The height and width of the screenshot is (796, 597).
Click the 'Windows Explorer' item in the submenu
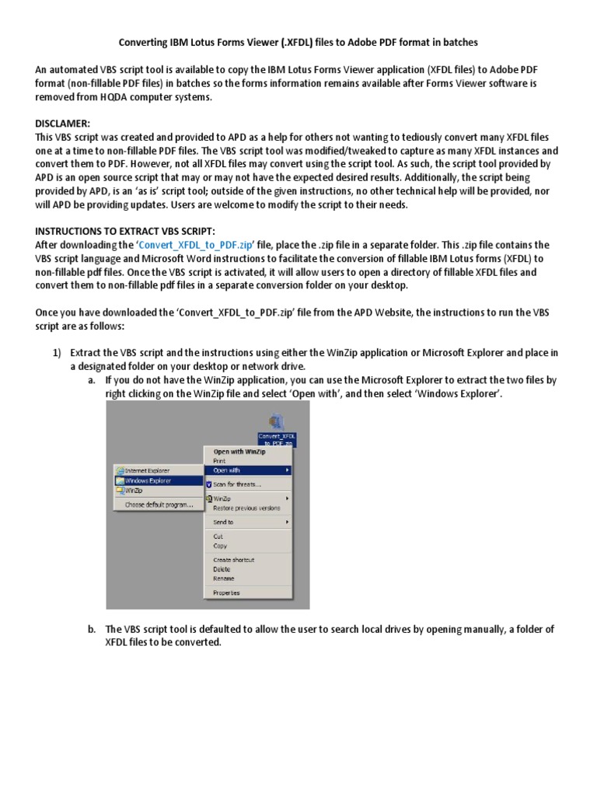[148, 480]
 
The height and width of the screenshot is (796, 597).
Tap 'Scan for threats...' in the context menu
[236, 484]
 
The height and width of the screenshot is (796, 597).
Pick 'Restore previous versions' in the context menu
[246, 508]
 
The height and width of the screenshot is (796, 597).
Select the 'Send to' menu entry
[223, 522]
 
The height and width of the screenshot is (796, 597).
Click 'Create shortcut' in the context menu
[233, 560]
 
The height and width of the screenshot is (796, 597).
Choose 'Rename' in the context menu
[223, 578]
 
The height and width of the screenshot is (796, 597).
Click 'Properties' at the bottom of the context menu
[226, 593]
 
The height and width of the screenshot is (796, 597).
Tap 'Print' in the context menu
[219, 460]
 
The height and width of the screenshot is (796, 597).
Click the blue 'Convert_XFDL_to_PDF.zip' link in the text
[197, 244]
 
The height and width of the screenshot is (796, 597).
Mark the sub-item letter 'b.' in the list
[92, 630]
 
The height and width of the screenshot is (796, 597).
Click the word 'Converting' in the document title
[143, 41]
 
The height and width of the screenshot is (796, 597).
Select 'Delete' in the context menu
[222, 569]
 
